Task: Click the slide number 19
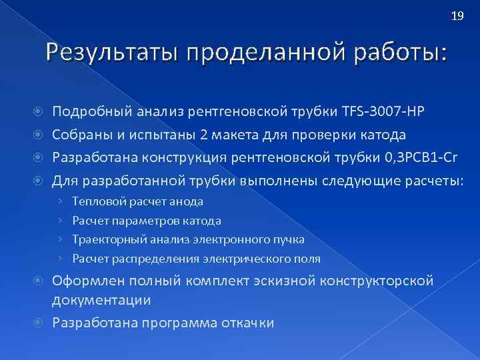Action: tap(457, 17)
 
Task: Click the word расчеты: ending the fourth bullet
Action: tap(429, 181)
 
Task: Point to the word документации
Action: tap(101, 300)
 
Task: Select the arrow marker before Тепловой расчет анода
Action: tap(61, 201)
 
